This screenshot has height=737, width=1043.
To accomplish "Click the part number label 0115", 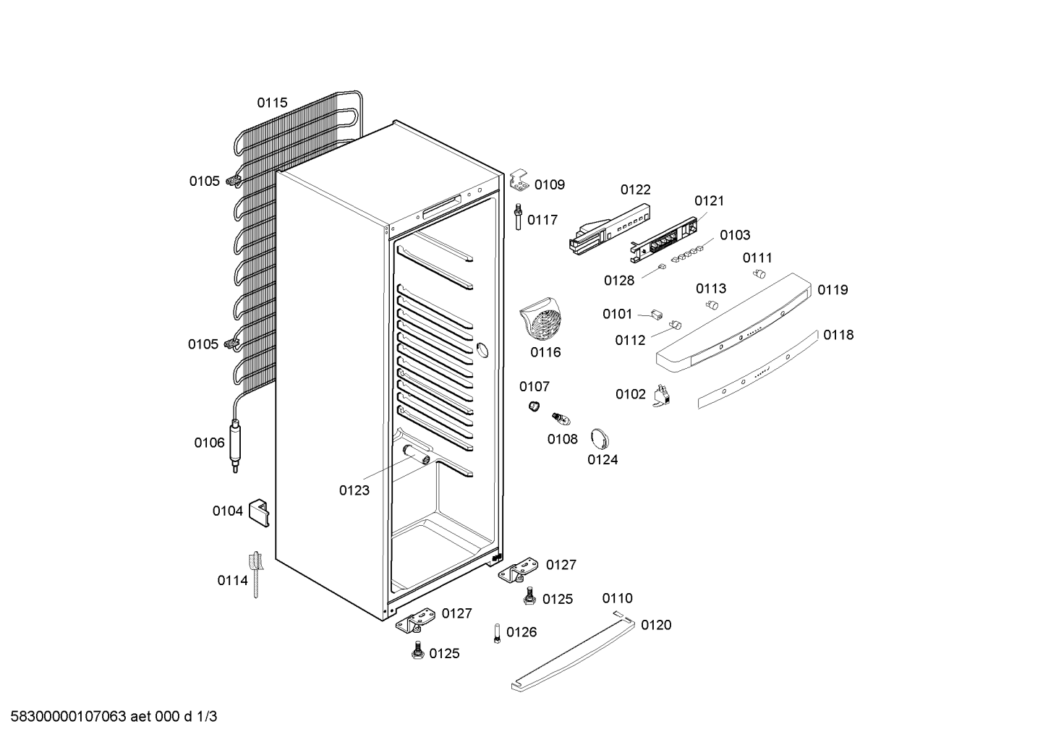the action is [273, 103].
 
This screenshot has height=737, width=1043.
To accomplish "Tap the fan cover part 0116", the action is [541, 319].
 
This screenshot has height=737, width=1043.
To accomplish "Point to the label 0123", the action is [354, 490].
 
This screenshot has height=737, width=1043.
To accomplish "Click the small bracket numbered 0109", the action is [519, 180].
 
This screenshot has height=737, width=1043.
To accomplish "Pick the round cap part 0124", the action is [600, 439].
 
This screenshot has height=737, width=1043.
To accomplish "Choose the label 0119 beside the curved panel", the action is [833, 290].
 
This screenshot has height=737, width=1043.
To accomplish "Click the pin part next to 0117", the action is [518, 216].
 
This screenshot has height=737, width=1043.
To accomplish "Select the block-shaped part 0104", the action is [260, 513].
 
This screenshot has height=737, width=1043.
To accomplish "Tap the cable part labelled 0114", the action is [256, 574].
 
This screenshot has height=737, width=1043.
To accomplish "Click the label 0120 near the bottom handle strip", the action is [656, 625].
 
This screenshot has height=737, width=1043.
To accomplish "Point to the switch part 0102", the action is [662, 396].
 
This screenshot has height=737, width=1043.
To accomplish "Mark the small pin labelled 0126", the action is [497, 633].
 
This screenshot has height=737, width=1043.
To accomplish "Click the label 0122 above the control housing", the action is [636, 190].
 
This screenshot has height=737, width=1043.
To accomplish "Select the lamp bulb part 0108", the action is [561, 419].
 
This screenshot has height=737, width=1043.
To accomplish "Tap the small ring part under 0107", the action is [534, 406].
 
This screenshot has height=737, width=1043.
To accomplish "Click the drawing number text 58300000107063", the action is [69, 717].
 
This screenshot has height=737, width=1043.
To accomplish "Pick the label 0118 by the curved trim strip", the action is [838, 335].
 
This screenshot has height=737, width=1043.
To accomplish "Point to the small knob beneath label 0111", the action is [759, 273].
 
